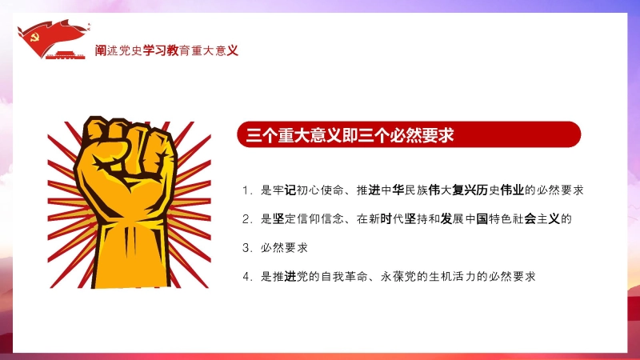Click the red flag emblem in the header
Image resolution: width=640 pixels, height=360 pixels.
coord(53,38)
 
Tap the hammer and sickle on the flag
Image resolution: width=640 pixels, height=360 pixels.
coord(35,38)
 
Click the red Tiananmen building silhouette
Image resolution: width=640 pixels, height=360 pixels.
coord(66,55)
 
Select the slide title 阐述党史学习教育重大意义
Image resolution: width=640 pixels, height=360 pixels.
coord(166,50)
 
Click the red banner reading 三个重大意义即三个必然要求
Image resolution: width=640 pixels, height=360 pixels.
coord(409,134)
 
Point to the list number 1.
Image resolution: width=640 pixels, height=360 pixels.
coord(246,190)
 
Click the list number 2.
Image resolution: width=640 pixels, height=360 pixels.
coord(246,219)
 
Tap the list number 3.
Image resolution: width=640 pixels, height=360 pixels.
coord(246,248)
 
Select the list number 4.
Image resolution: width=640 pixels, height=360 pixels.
coord(246,277)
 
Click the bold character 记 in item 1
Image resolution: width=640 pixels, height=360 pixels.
coord(290,190)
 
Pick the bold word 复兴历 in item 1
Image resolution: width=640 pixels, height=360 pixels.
coord(470,190)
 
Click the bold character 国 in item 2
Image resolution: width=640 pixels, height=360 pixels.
coord(482,219)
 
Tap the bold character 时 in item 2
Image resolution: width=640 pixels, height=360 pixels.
coord(386,219)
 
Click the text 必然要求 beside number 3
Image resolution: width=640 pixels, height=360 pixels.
coord(284,248)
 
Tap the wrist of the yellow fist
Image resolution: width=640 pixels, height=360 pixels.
coord(131,262)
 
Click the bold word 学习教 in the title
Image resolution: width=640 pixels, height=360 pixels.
coord(161,50)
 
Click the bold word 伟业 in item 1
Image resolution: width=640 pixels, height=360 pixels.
coord(512,190)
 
